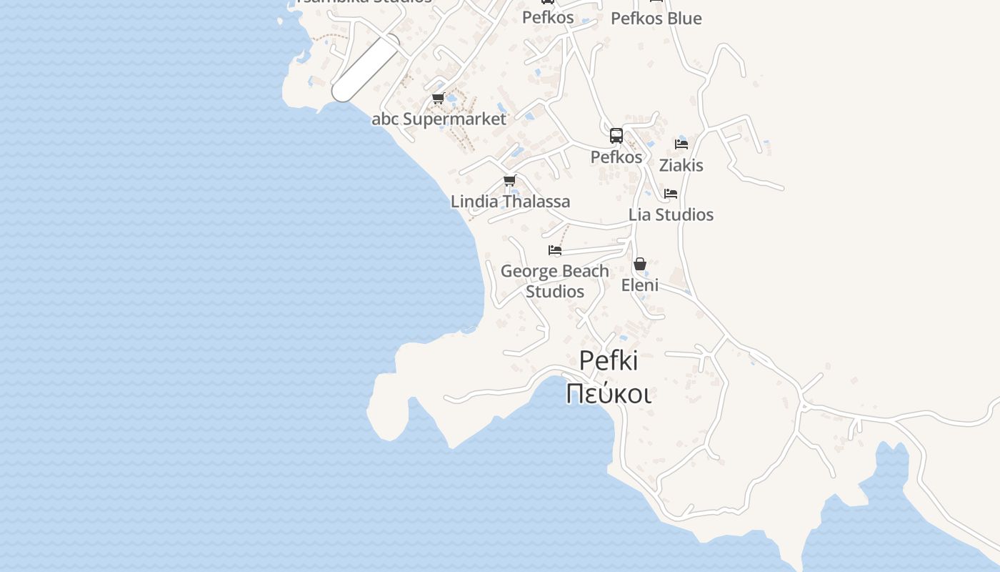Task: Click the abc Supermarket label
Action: pos(439,119)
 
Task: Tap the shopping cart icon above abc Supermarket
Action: pos(438,99)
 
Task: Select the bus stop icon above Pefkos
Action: pos(616,136)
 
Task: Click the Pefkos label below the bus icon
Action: pos(616,157)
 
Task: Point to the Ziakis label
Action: pos(681,165)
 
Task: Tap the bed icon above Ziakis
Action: pos(681,144)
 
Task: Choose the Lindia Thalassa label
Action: pos(510,202)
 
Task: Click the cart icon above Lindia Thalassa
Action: pos(509,180)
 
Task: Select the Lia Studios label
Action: pos(671,214)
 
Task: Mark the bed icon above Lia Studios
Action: pos(670,194)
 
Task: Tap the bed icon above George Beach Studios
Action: pos(554,250)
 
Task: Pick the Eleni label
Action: pos(639,285)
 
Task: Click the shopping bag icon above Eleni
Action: pos(639,265)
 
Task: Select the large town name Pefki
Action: pos(608,361)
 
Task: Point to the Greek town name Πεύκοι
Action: pos(608,393)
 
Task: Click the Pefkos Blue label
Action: pos(656,19)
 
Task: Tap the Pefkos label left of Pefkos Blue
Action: pos(548,17)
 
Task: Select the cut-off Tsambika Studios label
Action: pos(364,2)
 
